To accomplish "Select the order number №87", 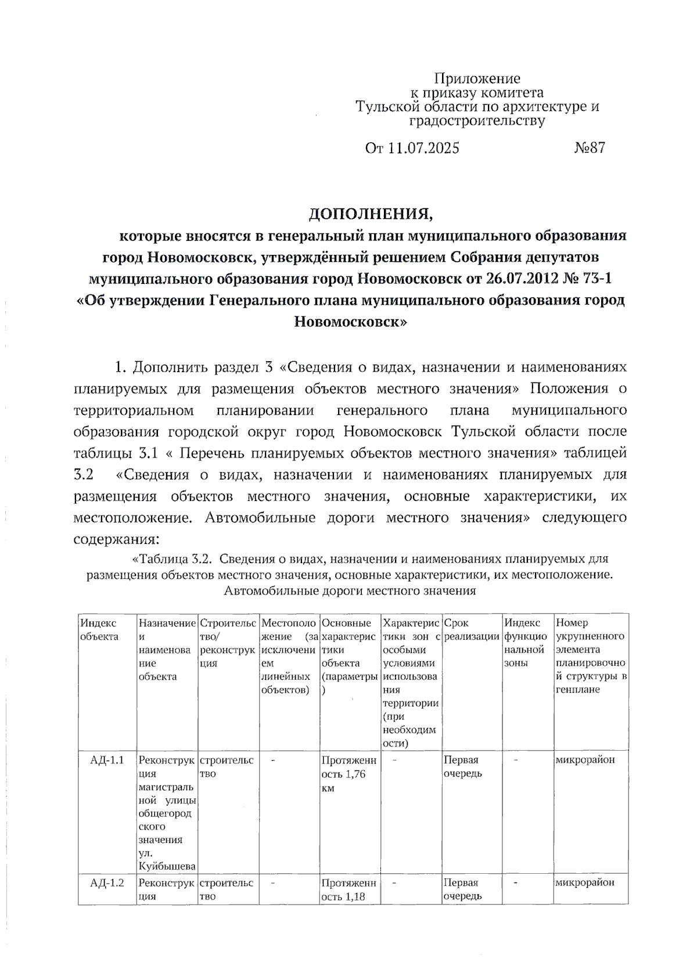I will tap(590, 148).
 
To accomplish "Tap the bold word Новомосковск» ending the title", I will tap(350, 322).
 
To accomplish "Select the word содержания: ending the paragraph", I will tap(116, 539).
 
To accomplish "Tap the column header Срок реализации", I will tap(471, 630).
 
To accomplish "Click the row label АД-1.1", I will tap(107, 760).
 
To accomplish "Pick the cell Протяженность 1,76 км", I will tap(348, 774).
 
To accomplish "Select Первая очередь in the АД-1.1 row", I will tap(462, 767).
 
